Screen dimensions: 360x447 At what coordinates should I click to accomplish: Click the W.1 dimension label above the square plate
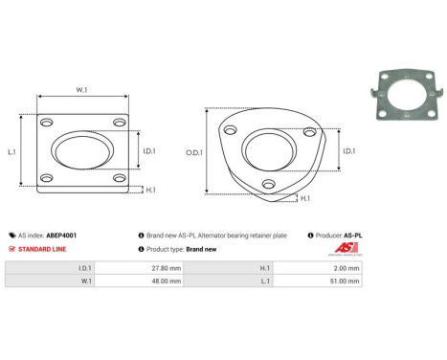point(81,91)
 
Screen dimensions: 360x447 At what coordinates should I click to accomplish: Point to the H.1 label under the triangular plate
point(304,198)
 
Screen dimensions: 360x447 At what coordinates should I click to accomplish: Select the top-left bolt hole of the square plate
point(45,123)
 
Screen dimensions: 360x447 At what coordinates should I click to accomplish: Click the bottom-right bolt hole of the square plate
point(118,179)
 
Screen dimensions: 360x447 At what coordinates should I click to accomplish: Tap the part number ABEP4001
point(61,235)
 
